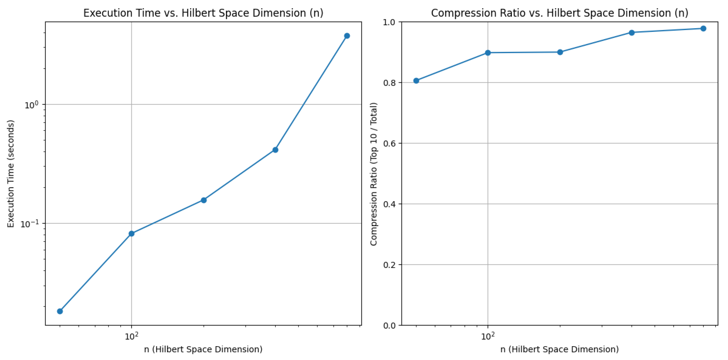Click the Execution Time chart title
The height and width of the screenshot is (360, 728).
pyautogui.click(x=203, y=13)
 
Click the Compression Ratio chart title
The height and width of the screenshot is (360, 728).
pyautogui.click(x=559, y=13)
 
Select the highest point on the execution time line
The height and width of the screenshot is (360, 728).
pyautogui.click(x=347, y=36)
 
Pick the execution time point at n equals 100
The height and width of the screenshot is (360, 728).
pyautogui.click(x=131, y=234)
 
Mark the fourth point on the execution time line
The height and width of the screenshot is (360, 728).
pyautogui.click(x=275, y=150)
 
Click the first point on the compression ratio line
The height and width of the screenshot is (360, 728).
pyautogui.click(x=416, y=81)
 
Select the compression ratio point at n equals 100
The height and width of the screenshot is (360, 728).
pyautogui.click(x=488, y=53)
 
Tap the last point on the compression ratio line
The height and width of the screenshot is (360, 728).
pyautogui.click(x=703, y=29)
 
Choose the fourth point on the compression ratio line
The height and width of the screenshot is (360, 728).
pyautogui.click(x=632, y=33)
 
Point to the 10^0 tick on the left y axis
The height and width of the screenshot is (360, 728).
pyautogui.click(x=31, y=105)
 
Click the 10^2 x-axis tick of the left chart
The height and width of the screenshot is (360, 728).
pyautogui.click(x=131, y=336)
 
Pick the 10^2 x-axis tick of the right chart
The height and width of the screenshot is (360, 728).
pyautogui.click(x=488, y=336)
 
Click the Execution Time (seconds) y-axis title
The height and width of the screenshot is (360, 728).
pyautogui.click(x=11, y=174)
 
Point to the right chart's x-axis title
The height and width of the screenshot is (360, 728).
pyautogui.click(x=559, y=349)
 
